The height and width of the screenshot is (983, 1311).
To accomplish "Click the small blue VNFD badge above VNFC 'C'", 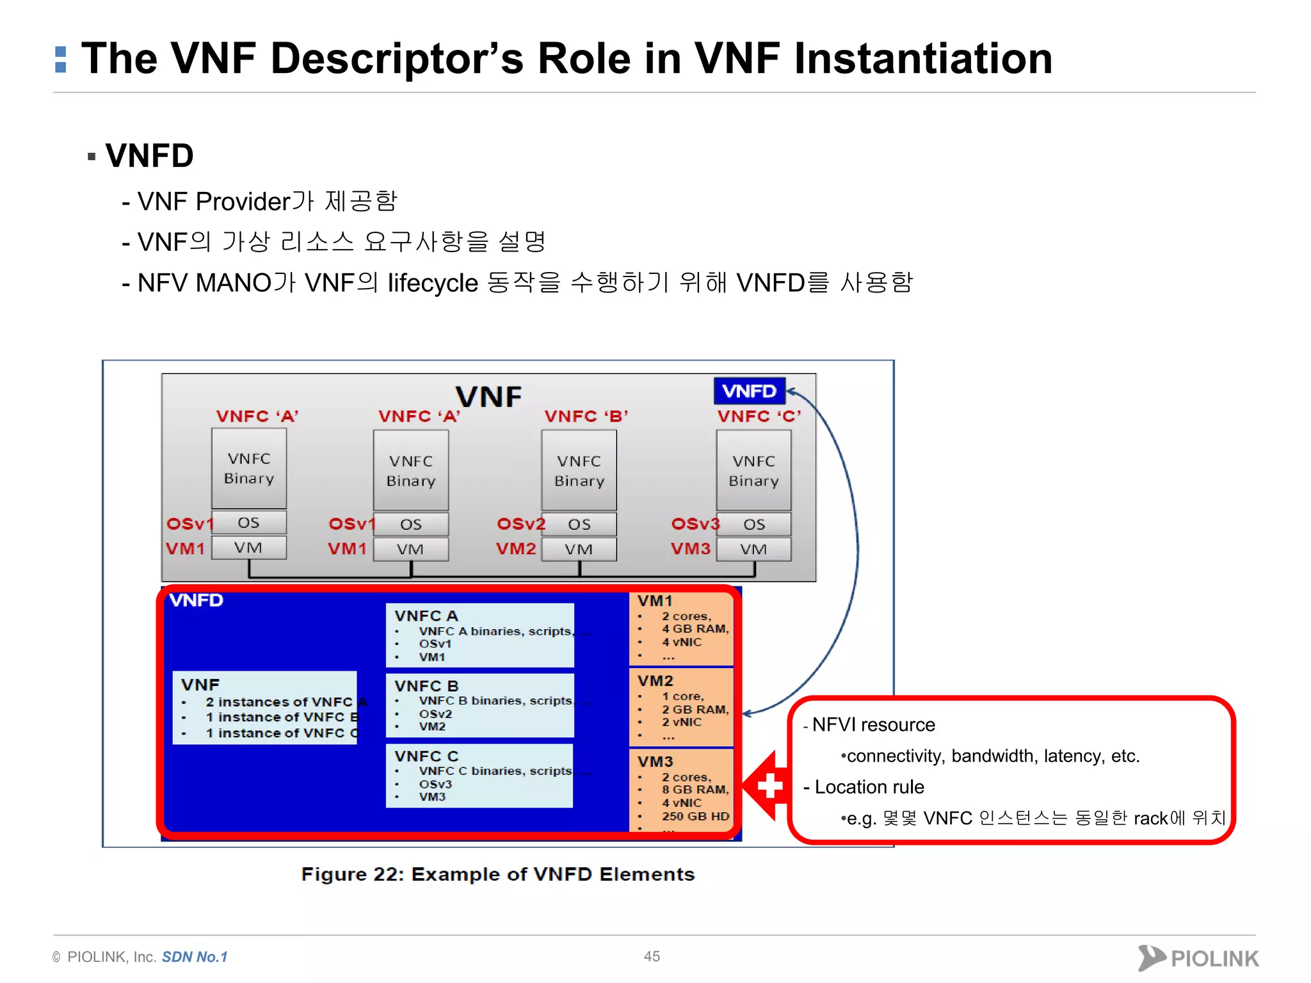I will point(749,391).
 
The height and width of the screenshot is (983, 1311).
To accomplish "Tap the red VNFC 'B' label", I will point(586,417).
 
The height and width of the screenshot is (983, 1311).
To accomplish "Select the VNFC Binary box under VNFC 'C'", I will point(753,470).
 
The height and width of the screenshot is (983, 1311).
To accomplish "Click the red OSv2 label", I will point(520,524).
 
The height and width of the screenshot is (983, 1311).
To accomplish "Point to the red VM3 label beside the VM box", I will point(690,549).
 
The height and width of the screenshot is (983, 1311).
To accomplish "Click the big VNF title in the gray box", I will point(488,397).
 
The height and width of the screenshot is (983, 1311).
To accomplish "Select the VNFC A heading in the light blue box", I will point(426,616).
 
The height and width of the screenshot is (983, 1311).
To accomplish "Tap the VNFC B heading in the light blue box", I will point(426,686).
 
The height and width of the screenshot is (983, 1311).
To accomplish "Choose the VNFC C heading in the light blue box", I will point(426,756).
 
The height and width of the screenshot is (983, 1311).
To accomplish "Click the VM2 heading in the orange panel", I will point(655,681).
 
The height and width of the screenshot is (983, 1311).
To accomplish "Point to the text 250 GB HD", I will point(695,817).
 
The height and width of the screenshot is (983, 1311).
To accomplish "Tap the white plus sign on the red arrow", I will point(770,786).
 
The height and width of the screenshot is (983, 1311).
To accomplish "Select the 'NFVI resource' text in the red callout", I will point(873,725).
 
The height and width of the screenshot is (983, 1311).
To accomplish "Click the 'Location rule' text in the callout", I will point(869,787).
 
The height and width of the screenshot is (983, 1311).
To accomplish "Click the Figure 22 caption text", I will point(497,874).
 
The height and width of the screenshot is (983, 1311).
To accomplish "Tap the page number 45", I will point(652,956).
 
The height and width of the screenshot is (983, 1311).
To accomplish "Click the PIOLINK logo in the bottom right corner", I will point(1198,958).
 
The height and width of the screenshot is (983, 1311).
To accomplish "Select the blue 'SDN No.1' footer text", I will point(195,957).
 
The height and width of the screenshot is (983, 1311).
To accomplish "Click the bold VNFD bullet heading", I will point(149,156).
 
